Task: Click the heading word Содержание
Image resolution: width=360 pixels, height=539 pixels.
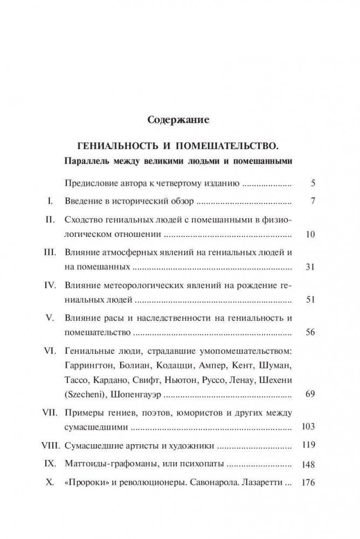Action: pos(179,120)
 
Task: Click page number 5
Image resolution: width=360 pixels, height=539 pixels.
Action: pos(313,183)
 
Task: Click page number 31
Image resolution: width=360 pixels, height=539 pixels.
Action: pos(309,267)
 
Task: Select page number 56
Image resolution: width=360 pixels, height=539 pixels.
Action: pos(309,332)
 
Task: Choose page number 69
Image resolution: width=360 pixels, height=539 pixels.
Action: pos(309,394)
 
